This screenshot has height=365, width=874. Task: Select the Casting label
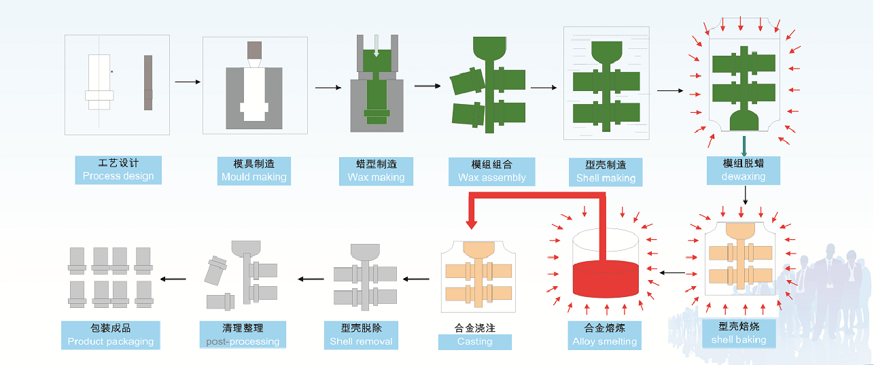[x=474, y=341]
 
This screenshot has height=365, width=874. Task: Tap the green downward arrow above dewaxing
[x=745, y=145]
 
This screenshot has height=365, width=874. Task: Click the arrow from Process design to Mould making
[x=188, y=82]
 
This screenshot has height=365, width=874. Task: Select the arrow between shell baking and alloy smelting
[x=672, y=273]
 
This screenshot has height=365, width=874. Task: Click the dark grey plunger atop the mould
[x=254, y=50]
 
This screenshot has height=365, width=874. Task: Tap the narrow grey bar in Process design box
[x=148, y=82]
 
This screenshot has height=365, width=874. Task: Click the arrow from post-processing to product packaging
[x=173, y=278]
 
